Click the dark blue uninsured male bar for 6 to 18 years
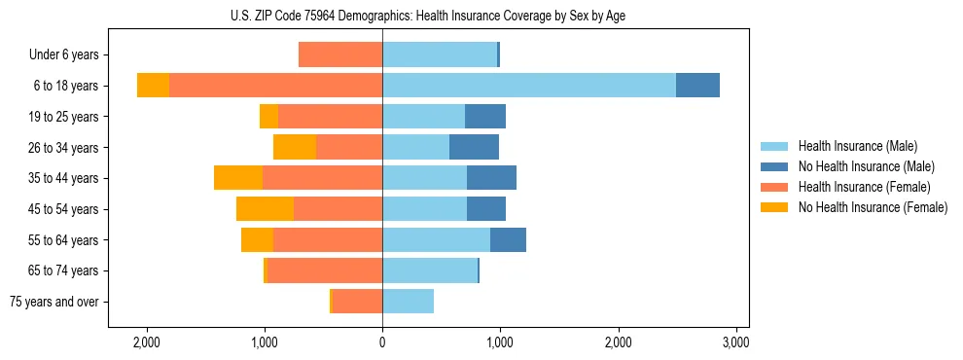(x=697, y=86)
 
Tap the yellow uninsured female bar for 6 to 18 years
(x=153, y=86)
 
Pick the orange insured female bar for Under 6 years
(x=339, y=54)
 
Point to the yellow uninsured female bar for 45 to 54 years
(x=265, y=209)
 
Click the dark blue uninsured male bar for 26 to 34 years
(x=474, y=147)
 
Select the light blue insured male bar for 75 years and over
(x=408, y=302)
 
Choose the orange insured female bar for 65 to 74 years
(x=324, y=270)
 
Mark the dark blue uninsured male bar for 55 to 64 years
(x=508, y=239)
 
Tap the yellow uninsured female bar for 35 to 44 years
(x=238, y=178)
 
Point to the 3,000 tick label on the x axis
(x=736, y=342)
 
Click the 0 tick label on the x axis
(x=382, y=342)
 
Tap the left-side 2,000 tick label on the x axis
(x=147, y=342)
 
